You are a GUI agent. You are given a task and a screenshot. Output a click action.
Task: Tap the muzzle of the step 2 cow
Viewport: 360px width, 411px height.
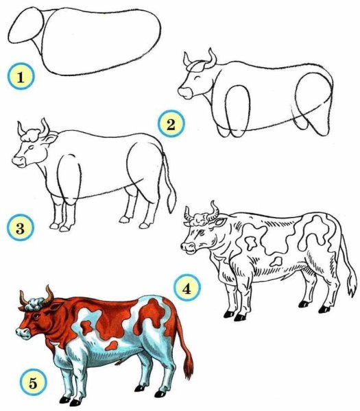(x=184, y=89)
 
